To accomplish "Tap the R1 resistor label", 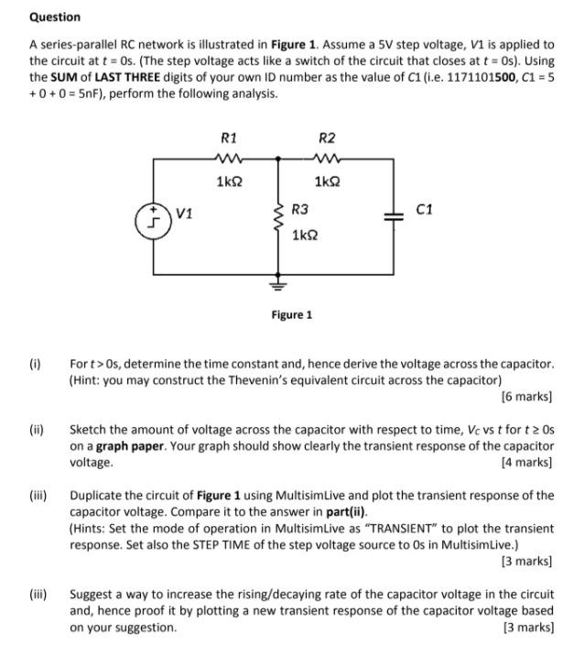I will (x=229, y=138).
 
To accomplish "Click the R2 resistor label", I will (x=326, y=138).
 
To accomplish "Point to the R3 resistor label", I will (x=300, y=210).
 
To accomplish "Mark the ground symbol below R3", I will (x=277, y=283).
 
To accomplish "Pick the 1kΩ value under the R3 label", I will (x=305, y=235).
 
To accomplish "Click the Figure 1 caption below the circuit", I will (x=291, y=314).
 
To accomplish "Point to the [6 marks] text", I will (x=526, y=397).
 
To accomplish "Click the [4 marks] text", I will (x=526, y=463).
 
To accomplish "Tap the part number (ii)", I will (x=36, y=430).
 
